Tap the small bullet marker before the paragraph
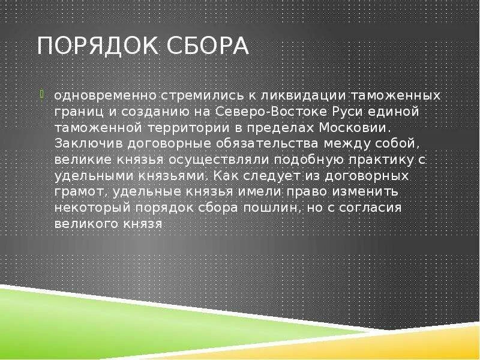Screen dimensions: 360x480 [42, 94]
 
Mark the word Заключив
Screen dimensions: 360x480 [85, 144]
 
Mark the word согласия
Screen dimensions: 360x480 [373, 208]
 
